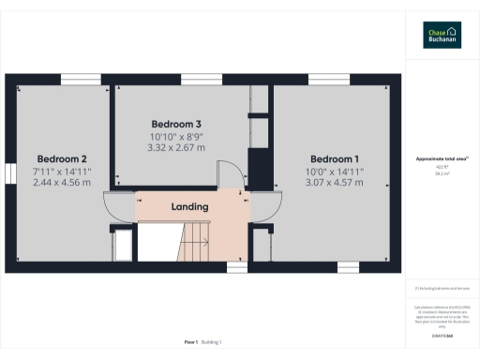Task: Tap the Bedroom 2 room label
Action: [62, 158]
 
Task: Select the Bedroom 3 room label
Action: [176, 124]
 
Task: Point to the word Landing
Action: [189, 206]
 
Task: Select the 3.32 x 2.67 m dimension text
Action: [176, 147]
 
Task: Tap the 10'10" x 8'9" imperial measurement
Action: [176, 136]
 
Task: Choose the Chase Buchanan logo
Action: [442, 35]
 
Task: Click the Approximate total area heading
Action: [441, 159]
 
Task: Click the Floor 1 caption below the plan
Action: [191, 344]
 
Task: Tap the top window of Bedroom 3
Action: [179, 78]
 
